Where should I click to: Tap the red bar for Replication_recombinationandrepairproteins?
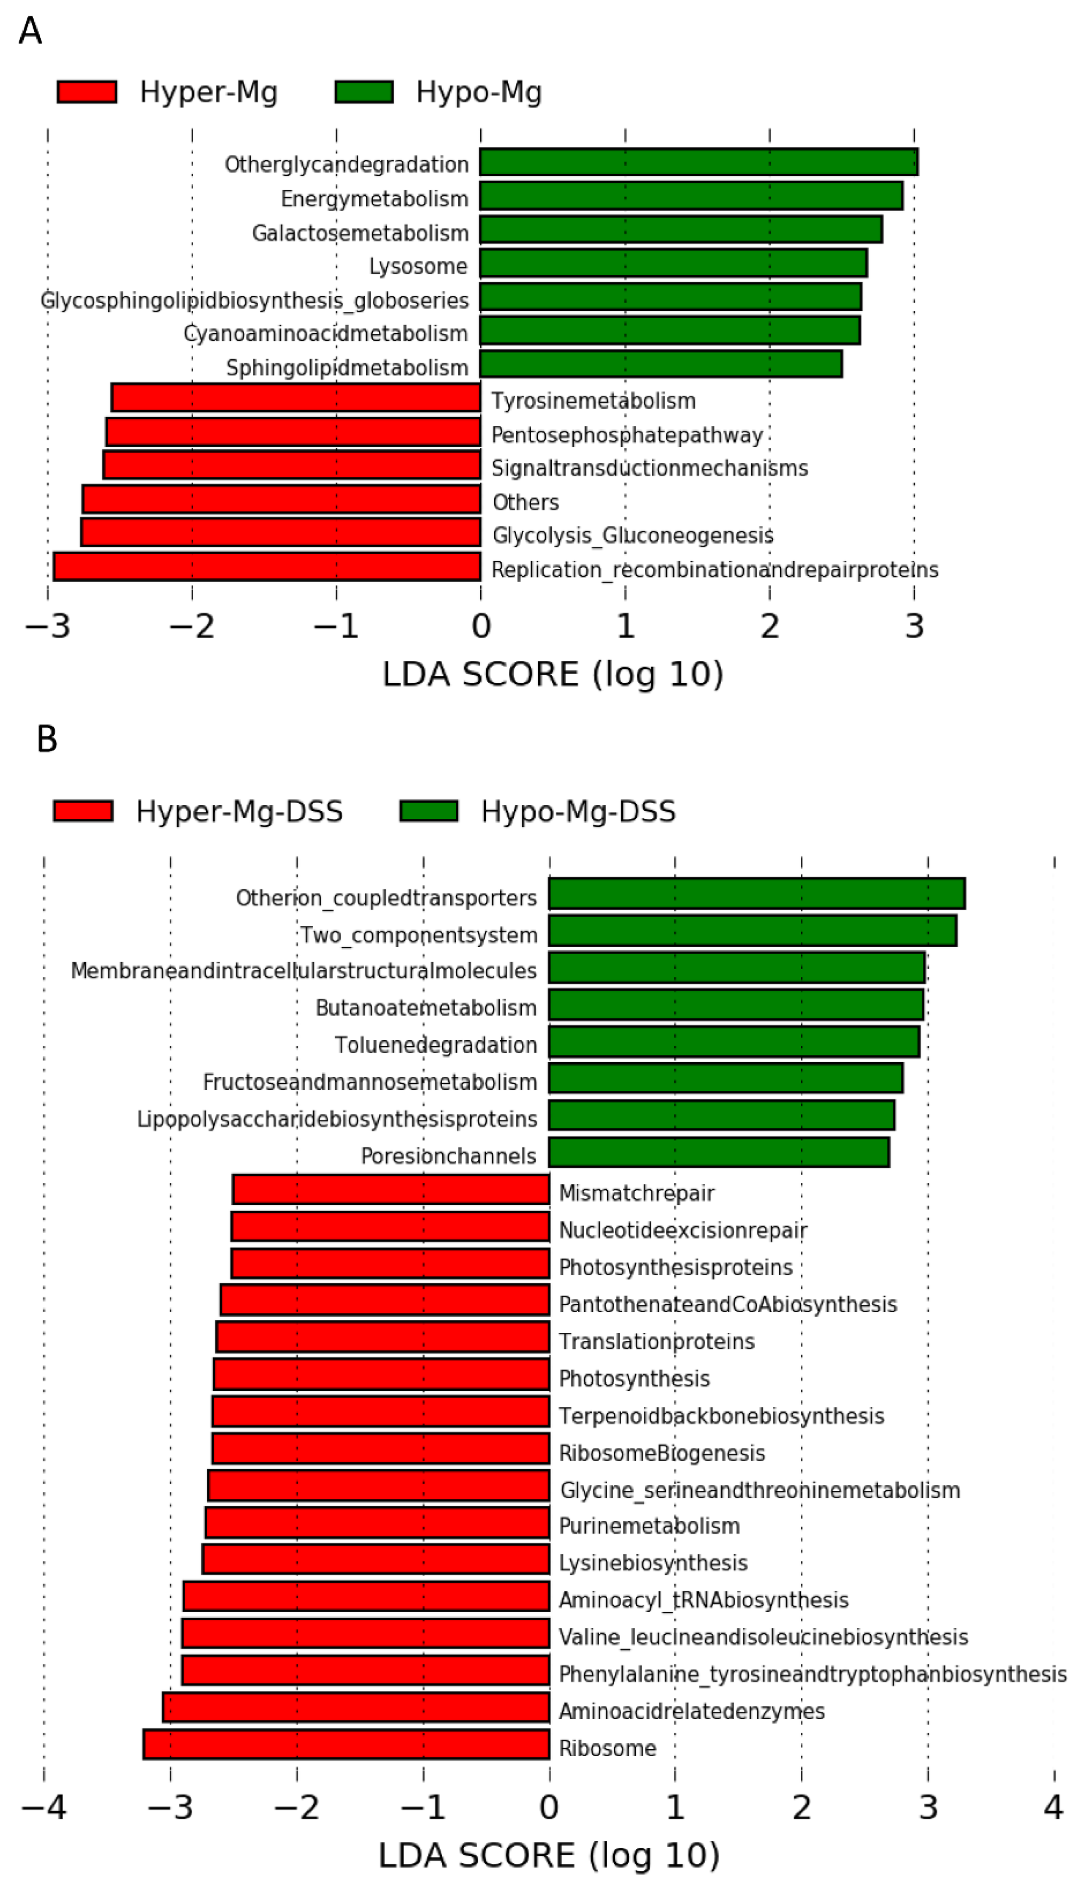click(266, 566)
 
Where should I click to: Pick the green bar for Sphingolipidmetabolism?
click(661, 364)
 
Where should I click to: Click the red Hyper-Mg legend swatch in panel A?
click(87, 92)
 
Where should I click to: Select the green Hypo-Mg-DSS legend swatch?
click(429, 811)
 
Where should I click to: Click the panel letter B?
click(47, 739)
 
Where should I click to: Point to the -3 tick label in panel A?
click(48, 626)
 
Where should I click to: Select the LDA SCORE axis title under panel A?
click(553, 674)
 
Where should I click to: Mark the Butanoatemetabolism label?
click(426, 1007)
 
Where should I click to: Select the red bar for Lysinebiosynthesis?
click(376, 1559)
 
